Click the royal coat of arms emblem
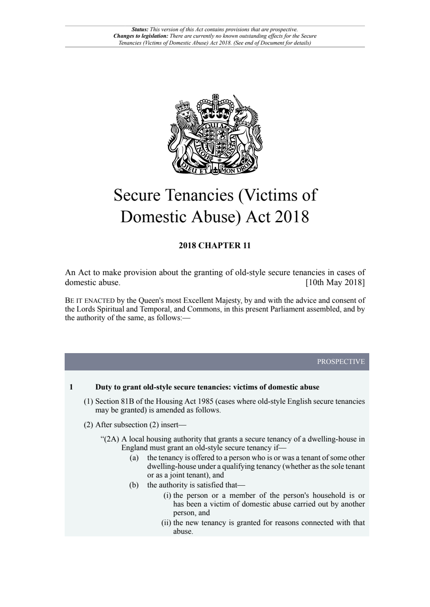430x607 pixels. coord(215,134)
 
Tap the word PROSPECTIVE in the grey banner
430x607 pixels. coord(341,361)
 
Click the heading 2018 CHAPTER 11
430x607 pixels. coord(215,246)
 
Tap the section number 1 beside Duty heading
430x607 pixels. coord(71,387)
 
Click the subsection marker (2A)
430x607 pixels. coord(111,439)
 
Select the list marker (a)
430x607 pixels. coord(134,458)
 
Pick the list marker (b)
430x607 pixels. coord(134,485)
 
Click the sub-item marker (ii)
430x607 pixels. coord(166,523)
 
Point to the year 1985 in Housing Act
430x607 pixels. coord(205,401)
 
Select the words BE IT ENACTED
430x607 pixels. coord(90,300)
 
